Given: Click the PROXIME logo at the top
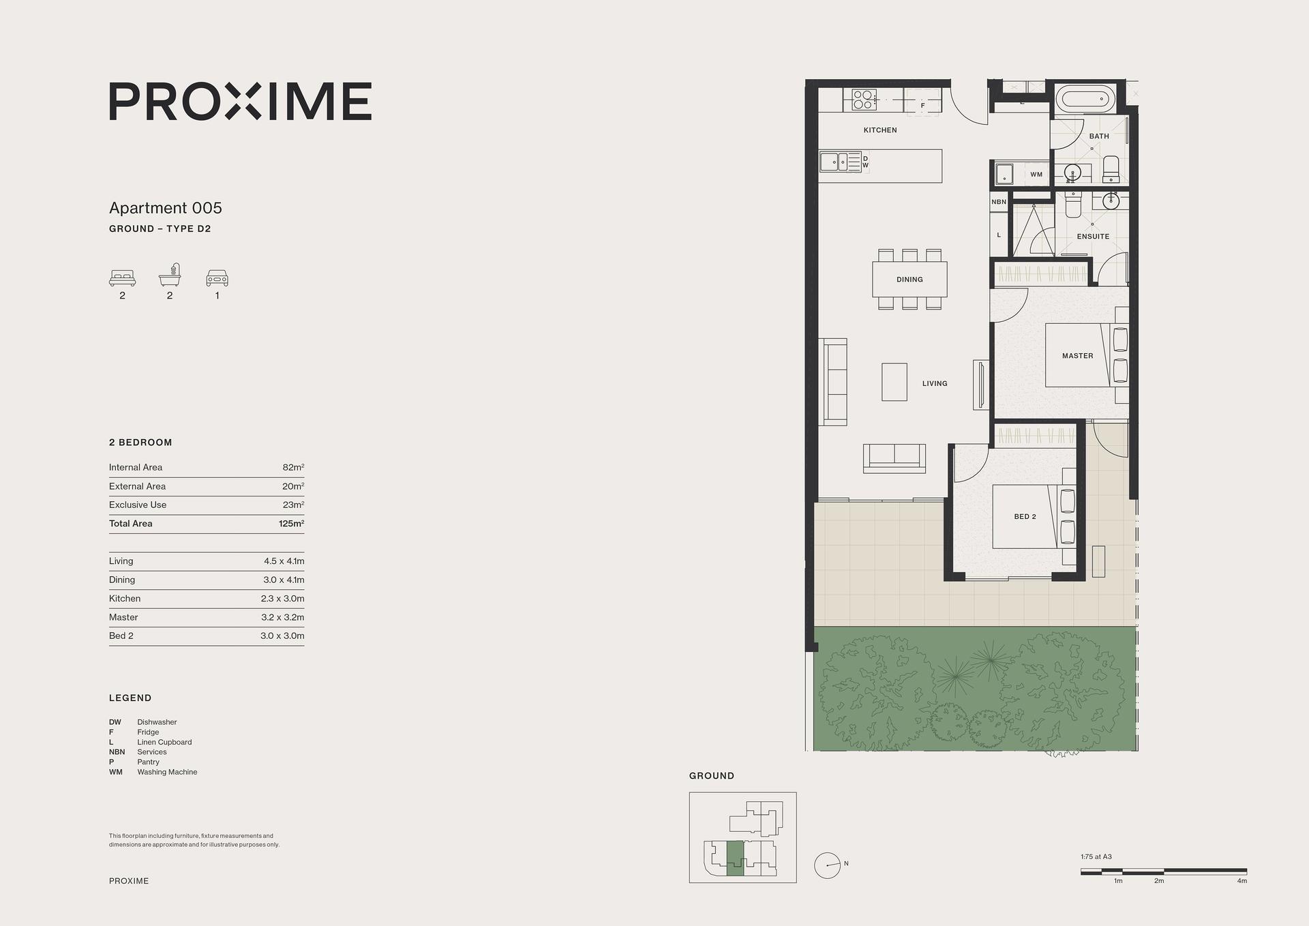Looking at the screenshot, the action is (x=241, y=102).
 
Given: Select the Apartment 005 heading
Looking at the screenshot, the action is (x=166, y=208).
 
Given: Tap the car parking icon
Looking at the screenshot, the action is (x=217, y=278).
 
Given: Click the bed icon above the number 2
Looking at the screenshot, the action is (x=123, y=278).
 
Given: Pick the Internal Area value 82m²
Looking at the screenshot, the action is (x=293, y=467).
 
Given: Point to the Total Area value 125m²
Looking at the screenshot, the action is (x=292, y=524).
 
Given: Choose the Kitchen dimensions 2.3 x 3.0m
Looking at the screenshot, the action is (x=283, y=599).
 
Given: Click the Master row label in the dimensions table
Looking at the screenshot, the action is (x=123, y=617).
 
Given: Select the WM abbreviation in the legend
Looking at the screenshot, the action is (x=116, y=772).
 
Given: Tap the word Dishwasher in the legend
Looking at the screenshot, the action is (x=157, y=722).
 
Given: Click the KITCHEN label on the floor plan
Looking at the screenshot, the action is (x=880, y=130).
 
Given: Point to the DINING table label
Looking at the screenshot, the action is (x=909, y=280).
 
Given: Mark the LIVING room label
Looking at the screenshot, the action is (x=935, y=384).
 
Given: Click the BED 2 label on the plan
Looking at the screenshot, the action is (x=1025, y=517).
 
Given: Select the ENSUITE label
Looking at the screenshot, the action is (x=1093, y=237).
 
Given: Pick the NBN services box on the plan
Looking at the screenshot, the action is (x=999, y=202).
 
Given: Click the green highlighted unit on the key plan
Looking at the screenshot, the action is (x=734, y=858).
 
